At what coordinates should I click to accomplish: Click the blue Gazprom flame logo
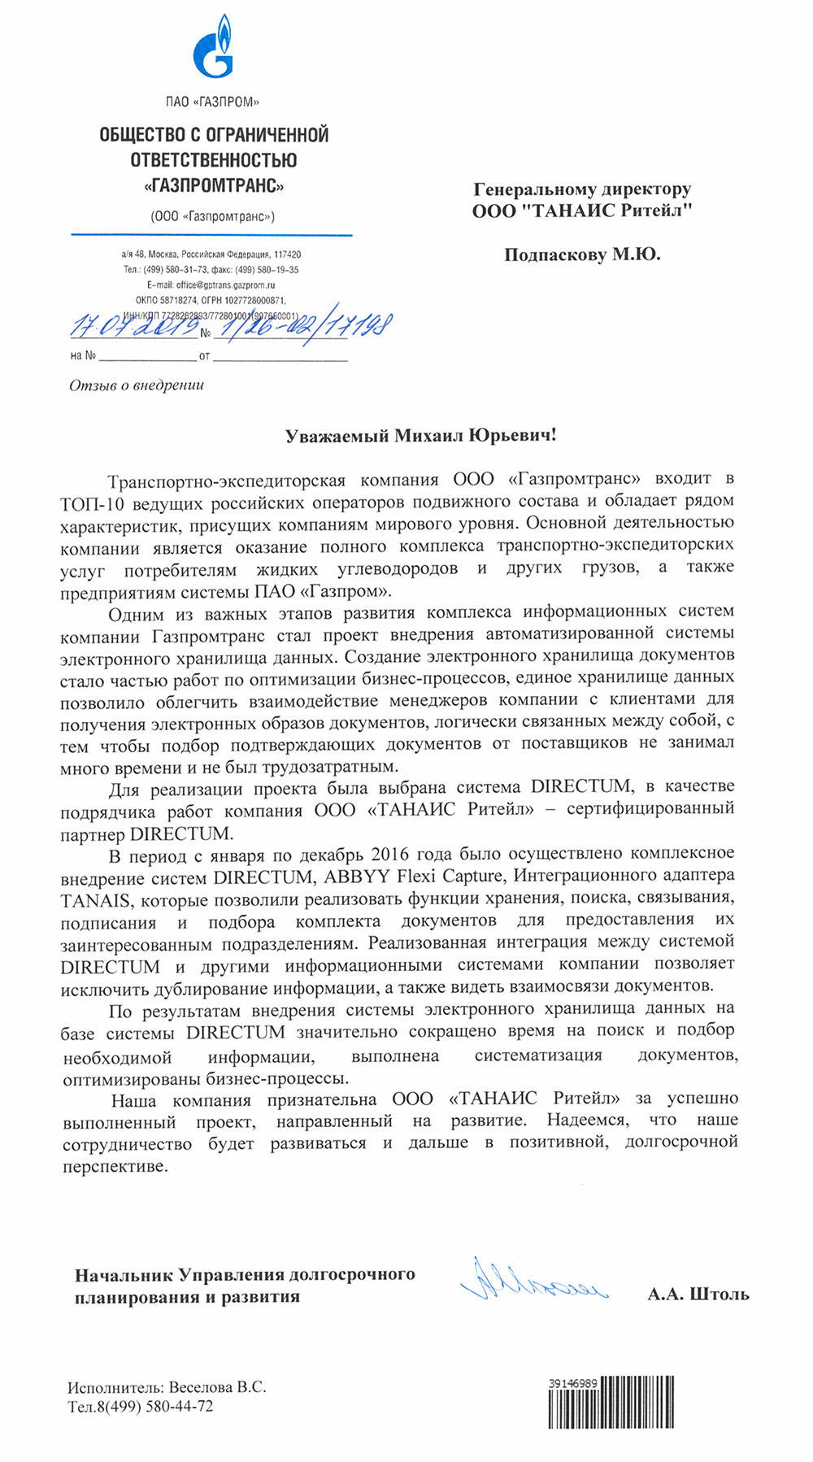point(212,56)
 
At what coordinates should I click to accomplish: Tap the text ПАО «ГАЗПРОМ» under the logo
point(212,102)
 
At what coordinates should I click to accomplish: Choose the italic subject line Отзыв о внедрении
point(137,385)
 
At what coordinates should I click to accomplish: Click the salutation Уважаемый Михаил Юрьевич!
point(420,436)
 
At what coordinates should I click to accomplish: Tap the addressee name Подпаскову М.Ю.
point(582,255)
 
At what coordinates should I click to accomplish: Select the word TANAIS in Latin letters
point(94,900)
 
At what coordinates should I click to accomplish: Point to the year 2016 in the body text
point(389,855)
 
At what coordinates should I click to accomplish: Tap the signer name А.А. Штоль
point(698,1294)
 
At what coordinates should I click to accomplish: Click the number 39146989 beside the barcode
point(573,1382)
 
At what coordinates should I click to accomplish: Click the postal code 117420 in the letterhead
point(287,255)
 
